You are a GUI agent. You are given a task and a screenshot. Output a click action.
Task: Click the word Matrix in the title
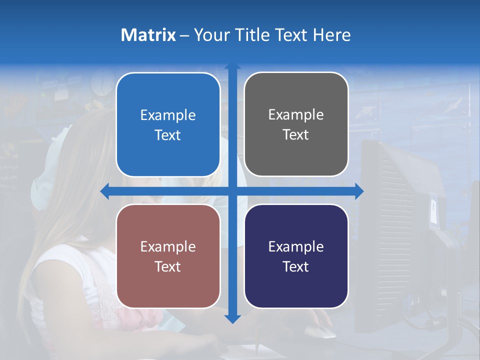tap(148, 35)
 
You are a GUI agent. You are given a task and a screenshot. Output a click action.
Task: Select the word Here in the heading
tap(331, 35)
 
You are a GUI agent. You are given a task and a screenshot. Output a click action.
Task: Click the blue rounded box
tap(168, 124)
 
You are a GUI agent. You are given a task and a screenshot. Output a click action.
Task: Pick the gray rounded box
tap(296, 124)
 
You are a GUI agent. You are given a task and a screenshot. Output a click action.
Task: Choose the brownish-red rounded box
tap(168, 256)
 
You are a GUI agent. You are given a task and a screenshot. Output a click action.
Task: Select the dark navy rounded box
tap(296, 256)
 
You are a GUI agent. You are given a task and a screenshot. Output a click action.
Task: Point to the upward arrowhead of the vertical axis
tap(232, 66)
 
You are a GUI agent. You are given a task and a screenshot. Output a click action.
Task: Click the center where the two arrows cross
tap(232, 191)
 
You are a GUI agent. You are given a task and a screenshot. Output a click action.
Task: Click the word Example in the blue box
tap(168, 115)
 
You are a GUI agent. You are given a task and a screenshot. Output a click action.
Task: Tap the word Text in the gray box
tap(296, 134)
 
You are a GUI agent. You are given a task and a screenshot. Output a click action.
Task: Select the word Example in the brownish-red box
tap(168, 247)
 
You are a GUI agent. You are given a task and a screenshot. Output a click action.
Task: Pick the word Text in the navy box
tap(296, 266)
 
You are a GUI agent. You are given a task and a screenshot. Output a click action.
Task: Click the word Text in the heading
tap(291, 35)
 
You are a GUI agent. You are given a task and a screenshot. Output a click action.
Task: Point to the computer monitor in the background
tap(400, 225)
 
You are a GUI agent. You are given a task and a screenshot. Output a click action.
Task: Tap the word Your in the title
tap(211, 35)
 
